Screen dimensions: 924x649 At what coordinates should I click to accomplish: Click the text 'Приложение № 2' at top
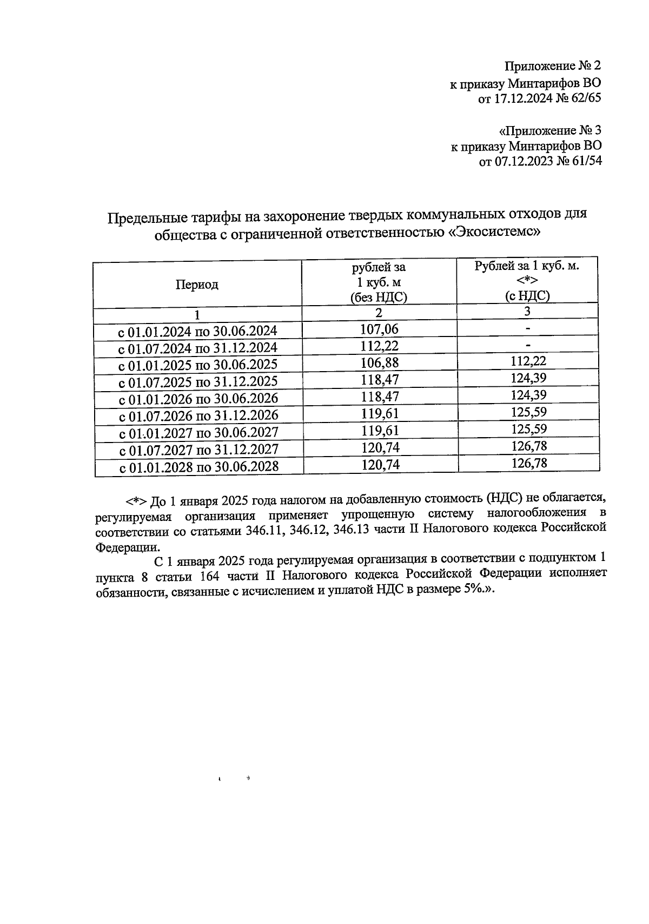click(552, 66)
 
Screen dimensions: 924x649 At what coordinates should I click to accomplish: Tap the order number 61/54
click(584, 161)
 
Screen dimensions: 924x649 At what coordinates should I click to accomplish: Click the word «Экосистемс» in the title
click(496, 233)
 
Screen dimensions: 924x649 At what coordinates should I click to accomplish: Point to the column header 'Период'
click(196, 285)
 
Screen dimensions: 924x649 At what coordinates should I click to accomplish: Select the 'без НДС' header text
click(379, 297)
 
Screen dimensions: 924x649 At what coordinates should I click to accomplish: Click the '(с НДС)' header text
click(527, 295)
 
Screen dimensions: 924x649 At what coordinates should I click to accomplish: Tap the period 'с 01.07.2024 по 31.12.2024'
click(197, 347)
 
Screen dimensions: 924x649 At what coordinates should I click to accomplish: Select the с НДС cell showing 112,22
click(528, 361)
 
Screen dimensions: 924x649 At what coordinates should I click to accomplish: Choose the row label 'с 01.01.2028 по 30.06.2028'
click(198, 466)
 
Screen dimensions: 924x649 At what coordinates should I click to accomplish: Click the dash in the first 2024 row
click(528, 328)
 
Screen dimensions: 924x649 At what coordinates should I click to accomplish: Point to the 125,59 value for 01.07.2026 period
click(528, 412)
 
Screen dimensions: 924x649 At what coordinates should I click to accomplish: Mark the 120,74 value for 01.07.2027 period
click(379, 447)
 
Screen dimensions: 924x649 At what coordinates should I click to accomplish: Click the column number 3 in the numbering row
click(527, 312)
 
